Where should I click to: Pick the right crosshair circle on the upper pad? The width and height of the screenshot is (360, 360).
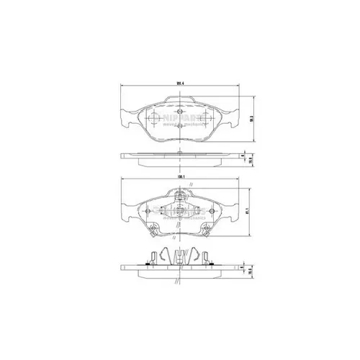point(206,117)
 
